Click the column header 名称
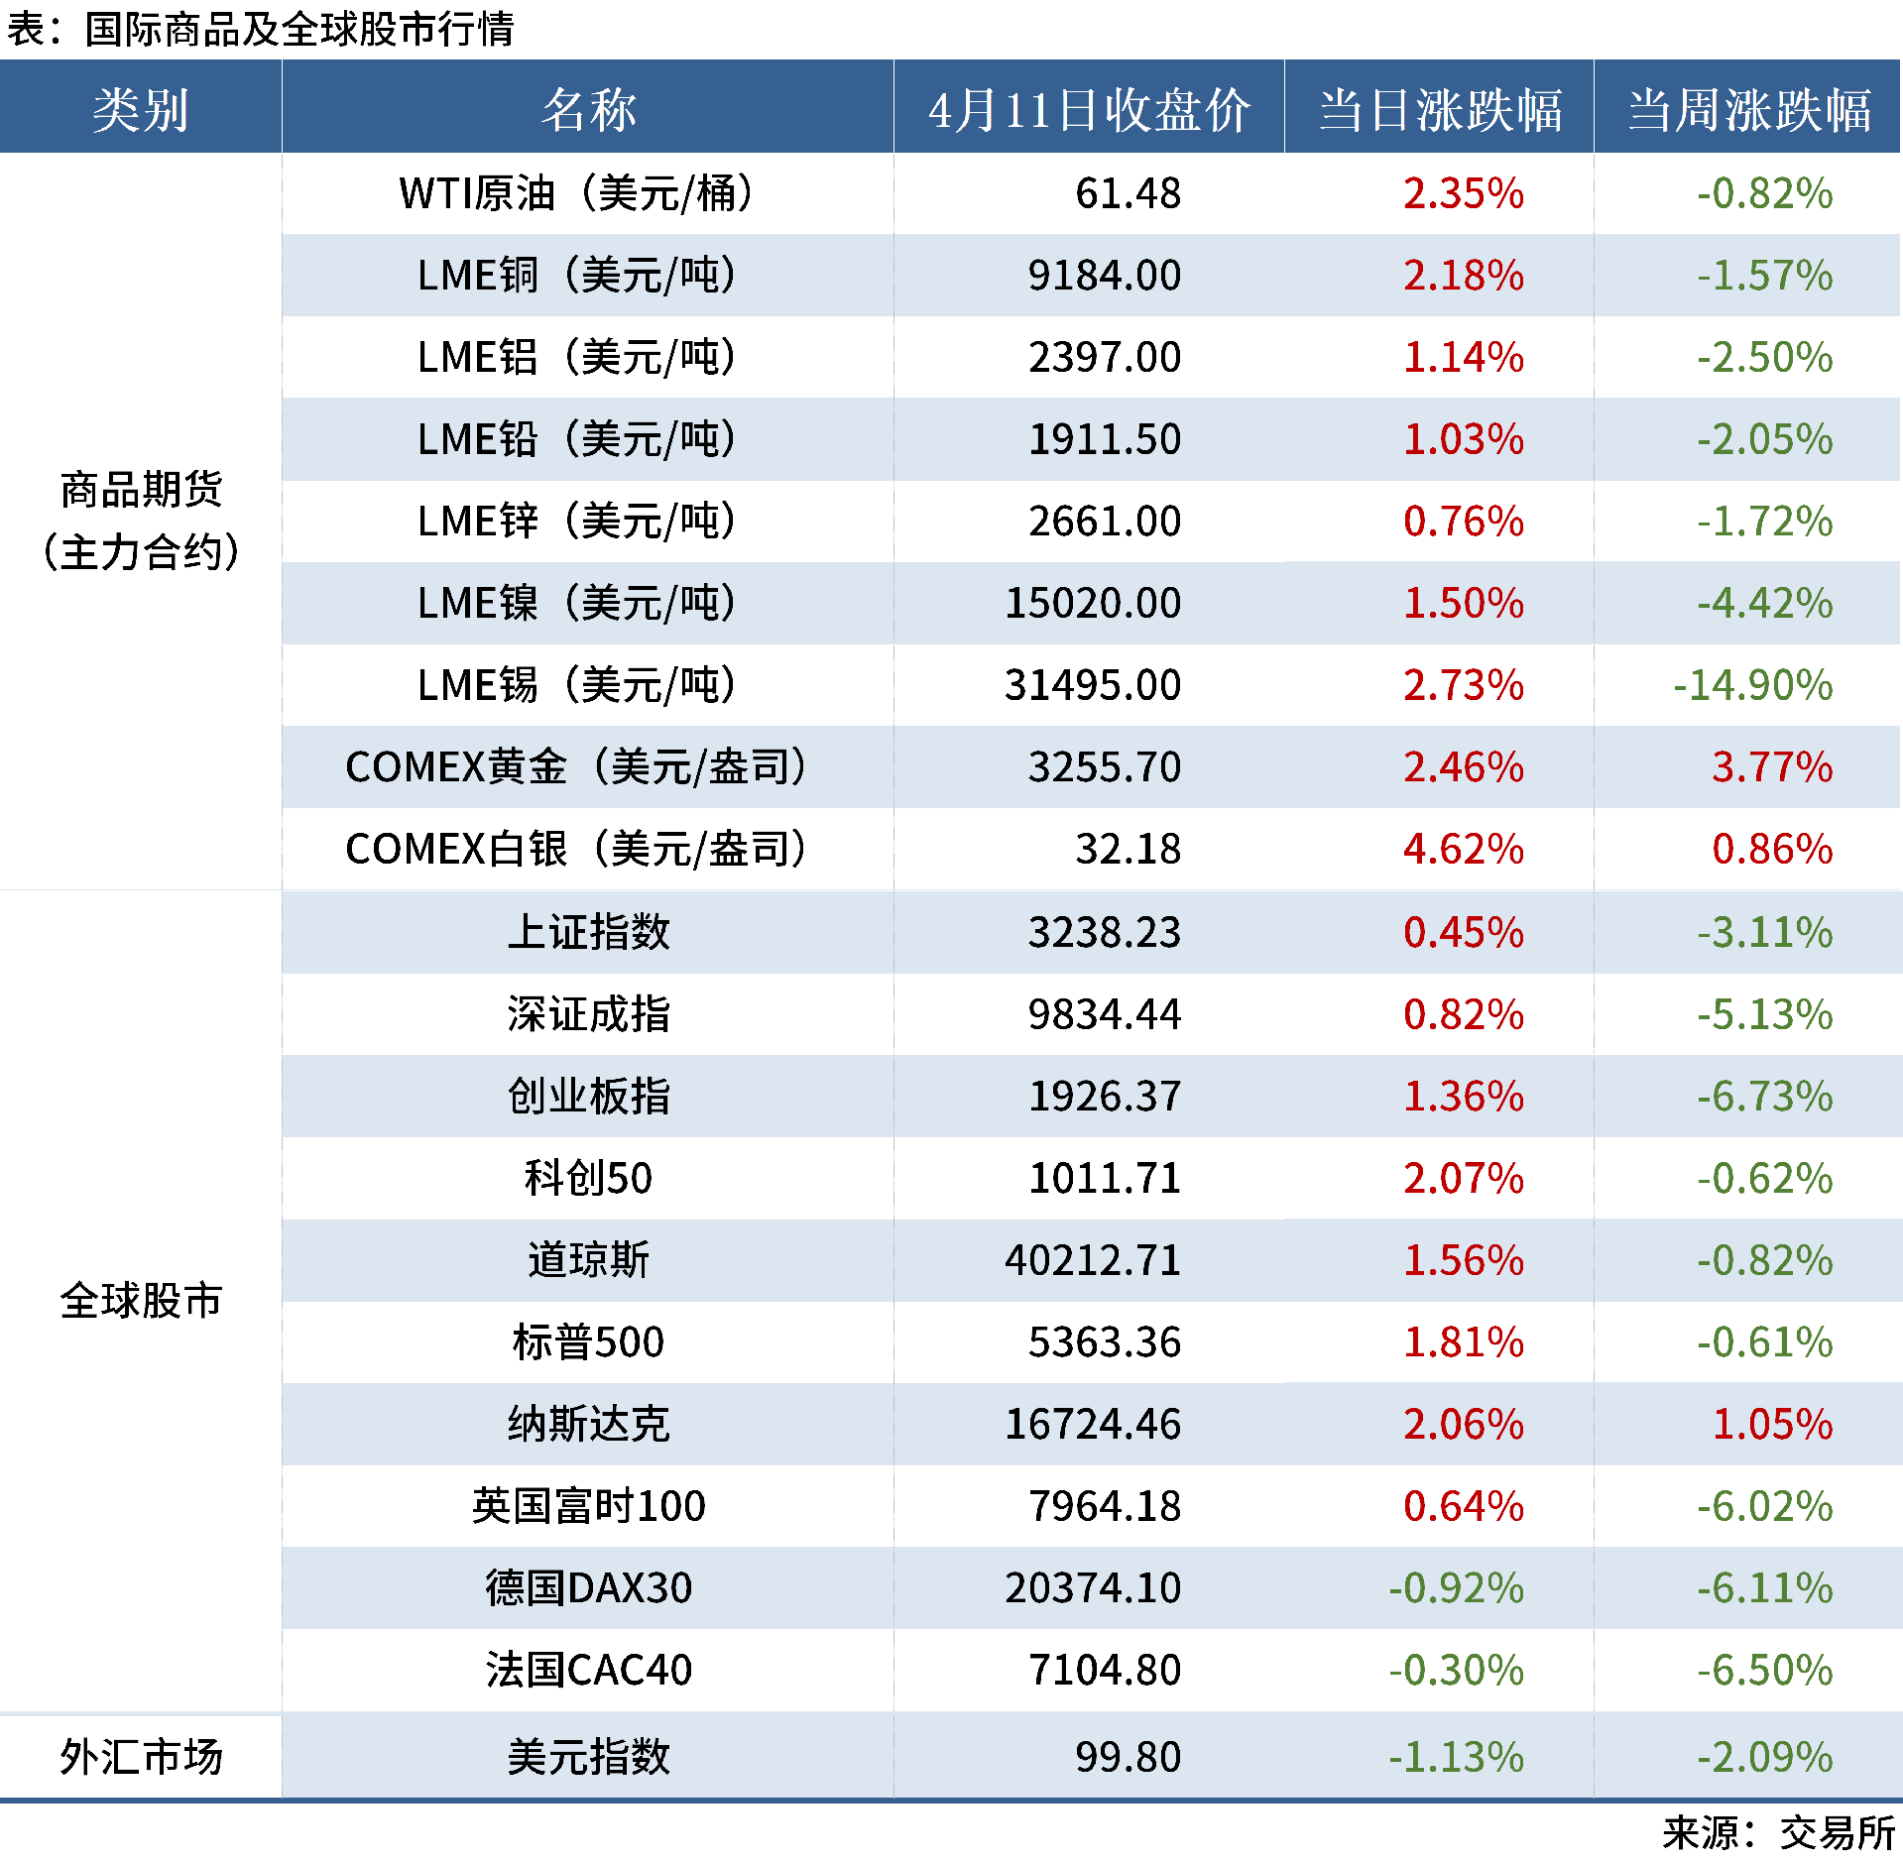pos(588,109)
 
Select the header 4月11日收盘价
pos(1089,109)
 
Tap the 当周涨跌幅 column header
pos(1748,109)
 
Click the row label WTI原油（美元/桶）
pos(576,193)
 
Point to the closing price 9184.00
pos(1104,276)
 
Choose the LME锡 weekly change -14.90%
pos(1752,685)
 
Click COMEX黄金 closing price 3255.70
pos(1104,767)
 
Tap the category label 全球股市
pos(141,1301)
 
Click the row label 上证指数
pos(588,932)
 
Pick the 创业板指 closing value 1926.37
pos(1104,1097)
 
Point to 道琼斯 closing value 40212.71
pos(1092,1260)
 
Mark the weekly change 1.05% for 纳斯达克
pos(1772,1425)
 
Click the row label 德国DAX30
pos(588,1588)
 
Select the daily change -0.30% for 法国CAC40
pos(1455,1671)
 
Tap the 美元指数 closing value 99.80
pos(1128,1757)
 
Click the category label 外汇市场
pos(141,1757)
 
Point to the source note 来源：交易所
pos(1778,1833)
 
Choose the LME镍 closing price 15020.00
pos(1092,603)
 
